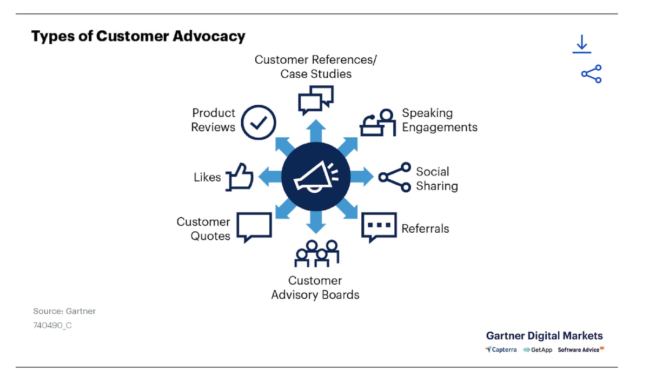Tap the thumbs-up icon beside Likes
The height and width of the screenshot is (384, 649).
tap(239, 177)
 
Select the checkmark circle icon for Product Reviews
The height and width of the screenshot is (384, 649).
tap(259, 123)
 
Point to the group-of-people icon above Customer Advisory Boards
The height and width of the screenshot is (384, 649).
tap(317, 253)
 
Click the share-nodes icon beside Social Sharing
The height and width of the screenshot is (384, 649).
tap(395, 177)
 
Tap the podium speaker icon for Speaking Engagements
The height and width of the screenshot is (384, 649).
tap(378, 123)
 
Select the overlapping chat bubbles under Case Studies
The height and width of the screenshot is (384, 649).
tap(316, 100)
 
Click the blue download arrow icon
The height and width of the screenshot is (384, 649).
tap(582, 44)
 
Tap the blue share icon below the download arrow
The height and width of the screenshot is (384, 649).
tap(591, 74)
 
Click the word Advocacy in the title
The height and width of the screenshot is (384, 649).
tap(209, 37)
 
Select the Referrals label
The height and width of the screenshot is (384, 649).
tap(425, 228)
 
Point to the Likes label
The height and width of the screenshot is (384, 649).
tap(207, 177)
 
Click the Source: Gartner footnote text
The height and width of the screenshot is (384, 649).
tap(64, 311)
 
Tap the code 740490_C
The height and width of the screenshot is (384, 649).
tap(52, 325)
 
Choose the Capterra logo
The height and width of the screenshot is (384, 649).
tap(501, 349)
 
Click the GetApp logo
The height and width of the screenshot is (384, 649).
tap(538, 350)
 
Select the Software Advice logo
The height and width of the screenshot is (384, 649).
tap(581, 349)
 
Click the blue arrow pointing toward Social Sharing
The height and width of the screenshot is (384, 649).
tap(362, 177)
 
